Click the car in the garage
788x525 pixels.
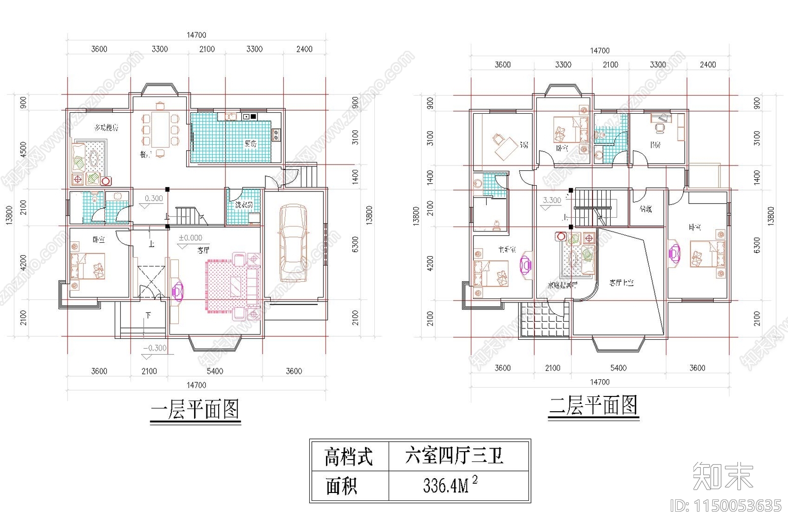click(293, 244)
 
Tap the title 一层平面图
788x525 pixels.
click(195, 410)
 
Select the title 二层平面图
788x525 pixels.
click(593, 406)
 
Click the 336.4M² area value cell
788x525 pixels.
click(450, 486)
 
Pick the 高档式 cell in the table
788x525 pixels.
click(349, 457)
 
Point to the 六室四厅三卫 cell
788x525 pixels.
click(454, 456)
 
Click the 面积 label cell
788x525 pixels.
click(341, 486)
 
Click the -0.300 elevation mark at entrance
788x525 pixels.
click(155, 348)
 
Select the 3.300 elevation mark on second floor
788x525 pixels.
click(552, 200)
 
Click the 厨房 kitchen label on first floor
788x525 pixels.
click(250, 144)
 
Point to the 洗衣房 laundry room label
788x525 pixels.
click(243, 204)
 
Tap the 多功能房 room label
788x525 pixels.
click(106, 128)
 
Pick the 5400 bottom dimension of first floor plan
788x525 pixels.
click(215, 371)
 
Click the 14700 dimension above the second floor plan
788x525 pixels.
click(599, 51)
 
